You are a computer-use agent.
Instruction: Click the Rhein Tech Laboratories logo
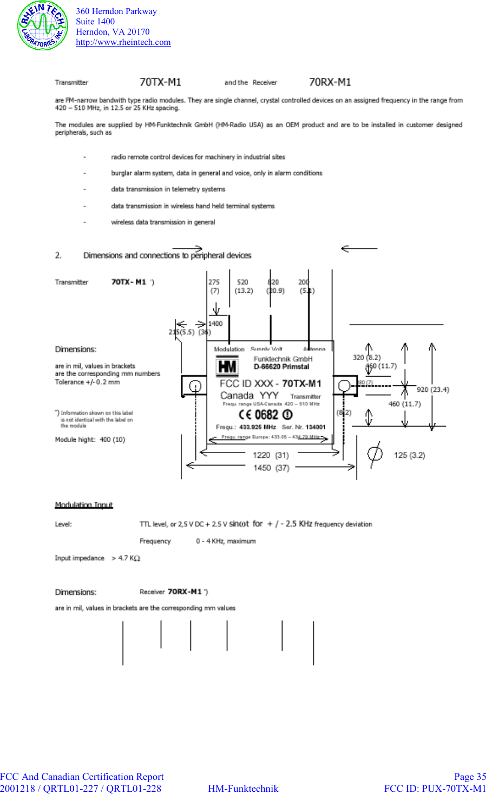[x=42, y=25]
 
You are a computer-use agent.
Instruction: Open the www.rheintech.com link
[x=123, y=42]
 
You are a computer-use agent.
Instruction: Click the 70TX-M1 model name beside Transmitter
[x=160, y=82]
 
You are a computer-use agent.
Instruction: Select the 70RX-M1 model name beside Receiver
[x=330, y=82]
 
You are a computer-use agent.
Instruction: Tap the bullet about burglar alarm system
[x=216, y=173]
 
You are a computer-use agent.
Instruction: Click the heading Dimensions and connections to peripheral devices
[x=167, y=255]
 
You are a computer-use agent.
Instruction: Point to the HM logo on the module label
[x=227, y=367]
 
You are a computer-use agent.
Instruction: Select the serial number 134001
[x=316, y=427]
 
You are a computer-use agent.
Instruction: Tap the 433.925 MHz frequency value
[x=258, y=427]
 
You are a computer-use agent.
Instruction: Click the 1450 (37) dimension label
[x=271, y=468]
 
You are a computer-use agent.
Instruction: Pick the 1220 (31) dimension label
[x=271, y=455]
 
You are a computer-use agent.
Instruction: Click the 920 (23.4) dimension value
[x=433, y=390]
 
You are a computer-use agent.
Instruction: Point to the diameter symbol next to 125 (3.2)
[x=375, y=454]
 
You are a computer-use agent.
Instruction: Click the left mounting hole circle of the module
[x=195, y=386]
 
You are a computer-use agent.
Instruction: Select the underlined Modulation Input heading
[x=84, y=505]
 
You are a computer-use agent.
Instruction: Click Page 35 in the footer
[x=470, y=777]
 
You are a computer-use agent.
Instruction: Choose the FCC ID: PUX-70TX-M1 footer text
[x=435, y=789]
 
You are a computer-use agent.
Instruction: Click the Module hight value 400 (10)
[x=112, y=439]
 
